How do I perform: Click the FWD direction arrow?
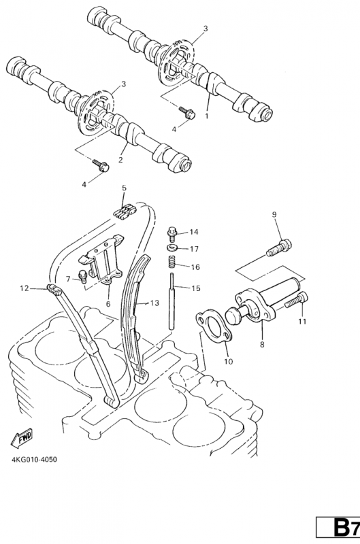tap(22, 437)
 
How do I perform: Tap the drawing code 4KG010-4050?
tap(34, 460)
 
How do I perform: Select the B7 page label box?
tap(338, 528)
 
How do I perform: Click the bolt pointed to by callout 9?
tap(279, 248)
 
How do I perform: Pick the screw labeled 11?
tap(297, 300)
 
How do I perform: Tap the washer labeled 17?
tap(171, 248)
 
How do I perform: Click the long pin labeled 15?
tap(172, 301)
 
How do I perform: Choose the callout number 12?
tap(24, 288)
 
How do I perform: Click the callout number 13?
tap(154, 303)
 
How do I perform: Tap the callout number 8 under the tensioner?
tap(262, 345)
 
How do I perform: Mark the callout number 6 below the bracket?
tap(108, 304)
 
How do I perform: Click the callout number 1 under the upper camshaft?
tap(207, 116)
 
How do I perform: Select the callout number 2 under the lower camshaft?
tap(120, 160)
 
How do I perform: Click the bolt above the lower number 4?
tap(101, 165)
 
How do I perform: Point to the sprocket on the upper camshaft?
tap(176, 62)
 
